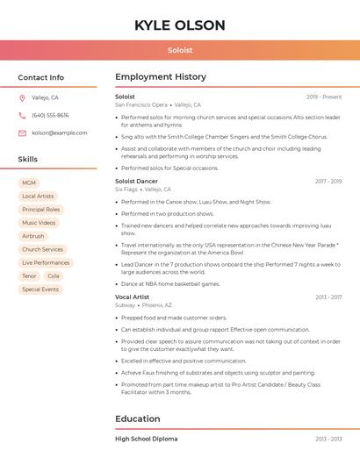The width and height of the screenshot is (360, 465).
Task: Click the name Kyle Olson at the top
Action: pos(180,25)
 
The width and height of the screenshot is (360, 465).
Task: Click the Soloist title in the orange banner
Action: pos(180,50)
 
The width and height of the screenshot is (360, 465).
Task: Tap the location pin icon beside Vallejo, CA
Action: pos(22,98)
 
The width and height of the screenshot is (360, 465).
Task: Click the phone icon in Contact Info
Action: pos(22,116)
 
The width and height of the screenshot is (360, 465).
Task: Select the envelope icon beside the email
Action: pos(22,133)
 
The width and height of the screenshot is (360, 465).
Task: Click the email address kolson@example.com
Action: pos(60,133)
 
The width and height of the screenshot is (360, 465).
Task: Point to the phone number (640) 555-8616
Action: pos(50,116)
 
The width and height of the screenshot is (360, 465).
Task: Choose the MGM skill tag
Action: pos(29,183)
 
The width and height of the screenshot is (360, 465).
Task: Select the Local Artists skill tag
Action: pos(38,197)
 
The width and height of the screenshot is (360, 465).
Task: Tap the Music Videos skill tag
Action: pos(39,223)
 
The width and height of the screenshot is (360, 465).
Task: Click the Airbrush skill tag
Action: pos(32,236)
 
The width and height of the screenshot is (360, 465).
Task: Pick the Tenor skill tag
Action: pos(29,275)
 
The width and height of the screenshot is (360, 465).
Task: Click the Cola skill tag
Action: pos(54,275)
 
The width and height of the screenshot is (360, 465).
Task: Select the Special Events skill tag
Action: pos(40,290)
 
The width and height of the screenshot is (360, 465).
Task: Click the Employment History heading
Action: pos(161,77)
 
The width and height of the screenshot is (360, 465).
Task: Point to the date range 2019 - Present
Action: pos(324,97)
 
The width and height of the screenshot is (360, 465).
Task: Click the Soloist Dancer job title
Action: pos(136,182)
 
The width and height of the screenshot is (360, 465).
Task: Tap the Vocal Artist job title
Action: pos(132,297)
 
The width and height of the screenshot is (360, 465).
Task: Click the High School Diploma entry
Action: pos(146,439)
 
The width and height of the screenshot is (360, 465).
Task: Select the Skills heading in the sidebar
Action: pos(28,160)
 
